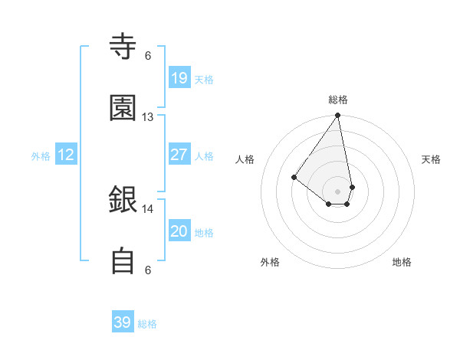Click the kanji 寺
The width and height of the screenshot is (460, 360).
(123, 47)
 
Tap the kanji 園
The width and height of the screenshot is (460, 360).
(123, 108)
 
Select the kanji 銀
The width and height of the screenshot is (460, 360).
(123, 200)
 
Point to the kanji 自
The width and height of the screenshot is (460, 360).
(123, 261)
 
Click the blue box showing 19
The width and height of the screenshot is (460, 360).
(179, 77)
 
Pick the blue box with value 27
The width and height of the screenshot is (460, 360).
(179, 155)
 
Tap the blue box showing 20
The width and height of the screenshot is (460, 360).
(179, 231)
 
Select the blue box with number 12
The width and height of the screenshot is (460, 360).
(66, 155)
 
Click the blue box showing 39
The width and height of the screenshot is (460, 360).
(123, 322)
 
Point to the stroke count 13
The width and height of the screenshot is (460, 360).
(147, 117)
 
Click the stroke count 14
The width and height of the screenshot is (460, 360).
(147, 208)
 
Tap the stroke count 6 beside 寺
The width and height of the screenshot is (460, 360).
(147, 55)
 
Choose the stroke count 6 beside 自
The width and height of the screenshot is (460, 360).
(147, 270)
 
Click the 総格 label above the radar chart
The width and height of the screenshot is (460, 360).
(338, 100)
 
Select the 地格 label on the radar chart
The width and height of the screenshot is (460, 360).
(402, 262)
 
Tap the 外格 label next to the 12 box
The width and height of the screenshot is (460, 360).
(41, 156)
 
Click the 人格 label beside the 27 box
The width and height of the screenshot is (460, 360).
(204, 156)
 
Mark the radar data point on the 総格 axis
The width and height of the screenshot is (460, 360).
(337, 116)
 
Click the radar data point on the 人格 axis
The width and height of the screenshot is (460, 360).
(294, 177)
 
